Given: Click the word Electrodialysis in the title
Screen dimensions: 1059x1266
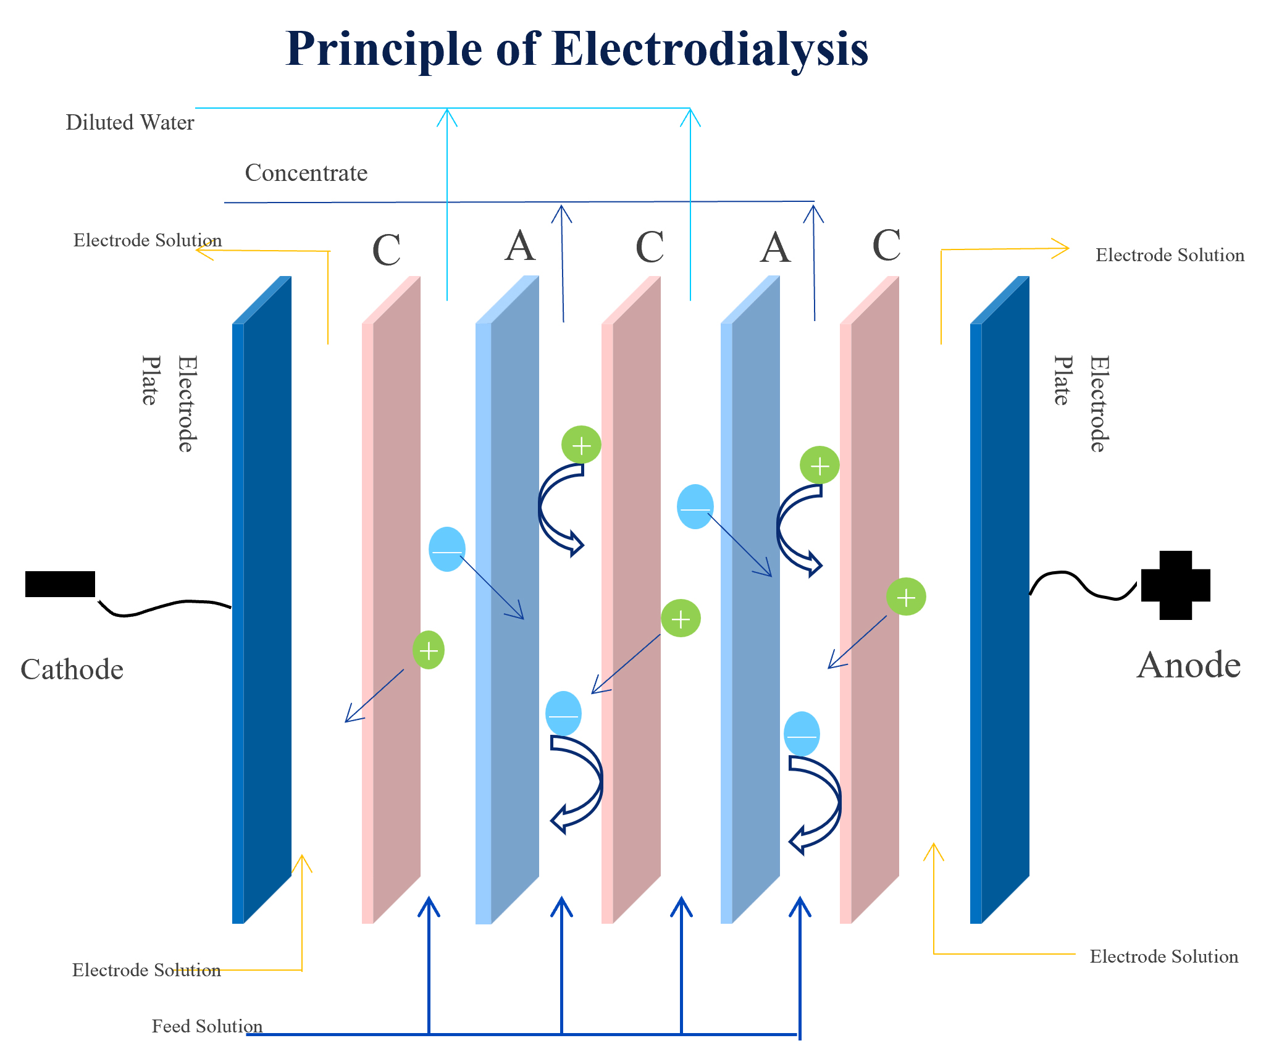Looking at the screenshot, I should (710, 49).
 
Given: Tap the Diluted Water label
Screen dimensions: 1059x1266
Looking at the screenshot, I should (130, 122).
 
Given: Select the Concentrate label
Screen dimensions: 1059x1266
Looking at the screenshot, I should (306, 173).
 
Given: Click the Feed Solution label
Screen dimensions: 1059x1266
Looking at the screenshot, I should (207, 1026).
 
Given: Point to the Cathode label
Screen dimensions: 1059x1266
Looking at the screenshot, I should (72, 669).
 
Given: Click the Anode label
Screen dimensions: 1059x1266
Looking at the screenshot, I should (1189, 666).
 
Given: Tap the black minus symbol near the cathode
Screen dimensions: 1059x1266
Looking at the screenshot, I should (60, 584).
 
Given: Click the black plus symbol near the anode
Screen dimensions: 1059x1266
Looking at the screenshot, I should (1175, 585).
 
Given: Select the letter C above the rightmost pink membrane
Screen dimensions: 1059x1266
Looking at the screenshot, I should (886, 246).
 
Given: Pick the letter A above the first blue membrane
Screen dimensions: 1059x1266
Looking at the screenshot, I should (519, 246).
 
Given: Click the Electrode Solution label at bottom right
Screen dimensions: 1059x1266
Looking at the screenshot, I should (1163, 956).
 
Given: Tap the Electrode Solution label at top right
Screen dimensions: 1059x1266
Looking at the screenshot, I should (1170, 255).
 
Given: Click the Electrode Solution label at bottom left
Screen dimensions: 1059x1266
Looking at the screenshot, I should (146, 970).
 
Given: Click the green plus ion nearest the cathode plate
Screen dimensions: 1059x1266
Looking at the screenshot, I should (428, 650).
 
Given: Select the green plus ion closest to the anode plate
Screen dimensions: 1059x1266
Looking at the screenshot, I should (905, 597).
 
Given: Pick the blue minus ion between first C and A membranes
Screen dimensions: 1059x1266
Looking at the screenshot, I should (446, 549).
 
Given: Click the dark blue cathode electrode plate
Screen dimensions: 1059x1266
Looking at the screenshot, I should (262, 599).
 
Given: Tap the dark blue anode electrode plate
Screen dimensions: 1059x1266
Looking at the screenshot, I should (1000, 599).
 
